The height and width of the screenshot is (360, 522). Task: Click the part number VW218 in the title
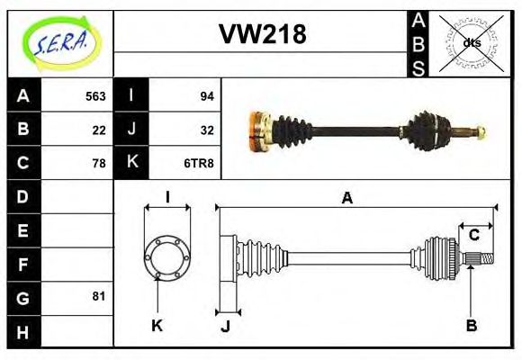pos(262,34)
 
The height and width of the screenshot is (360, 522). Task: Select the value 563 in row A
pos(95,96)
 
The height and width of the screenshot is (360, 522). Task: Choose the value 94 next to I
pos(205,96)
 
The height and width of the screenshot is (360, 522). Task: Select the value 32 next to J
pos(205,130)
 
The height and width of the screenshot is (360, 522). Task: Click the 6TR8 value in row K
pos(200,163)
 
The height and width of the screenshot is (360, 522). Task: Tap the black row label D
pos(23,196)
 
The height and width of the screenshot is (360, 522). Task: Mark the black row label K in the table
pos(131,163)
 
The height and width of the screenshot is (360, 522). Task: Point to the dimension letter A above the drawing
pos(346,198)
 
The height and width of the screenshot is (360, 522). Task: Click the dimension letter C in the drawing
pos(473,236)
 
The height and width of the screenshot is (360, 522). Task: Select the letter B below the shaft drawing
pos(471,325)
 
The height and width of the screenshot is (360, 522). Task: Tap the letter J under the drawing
pos(225,326)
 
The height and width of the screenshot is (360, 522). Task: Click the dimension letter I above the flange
pos(167,198)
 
